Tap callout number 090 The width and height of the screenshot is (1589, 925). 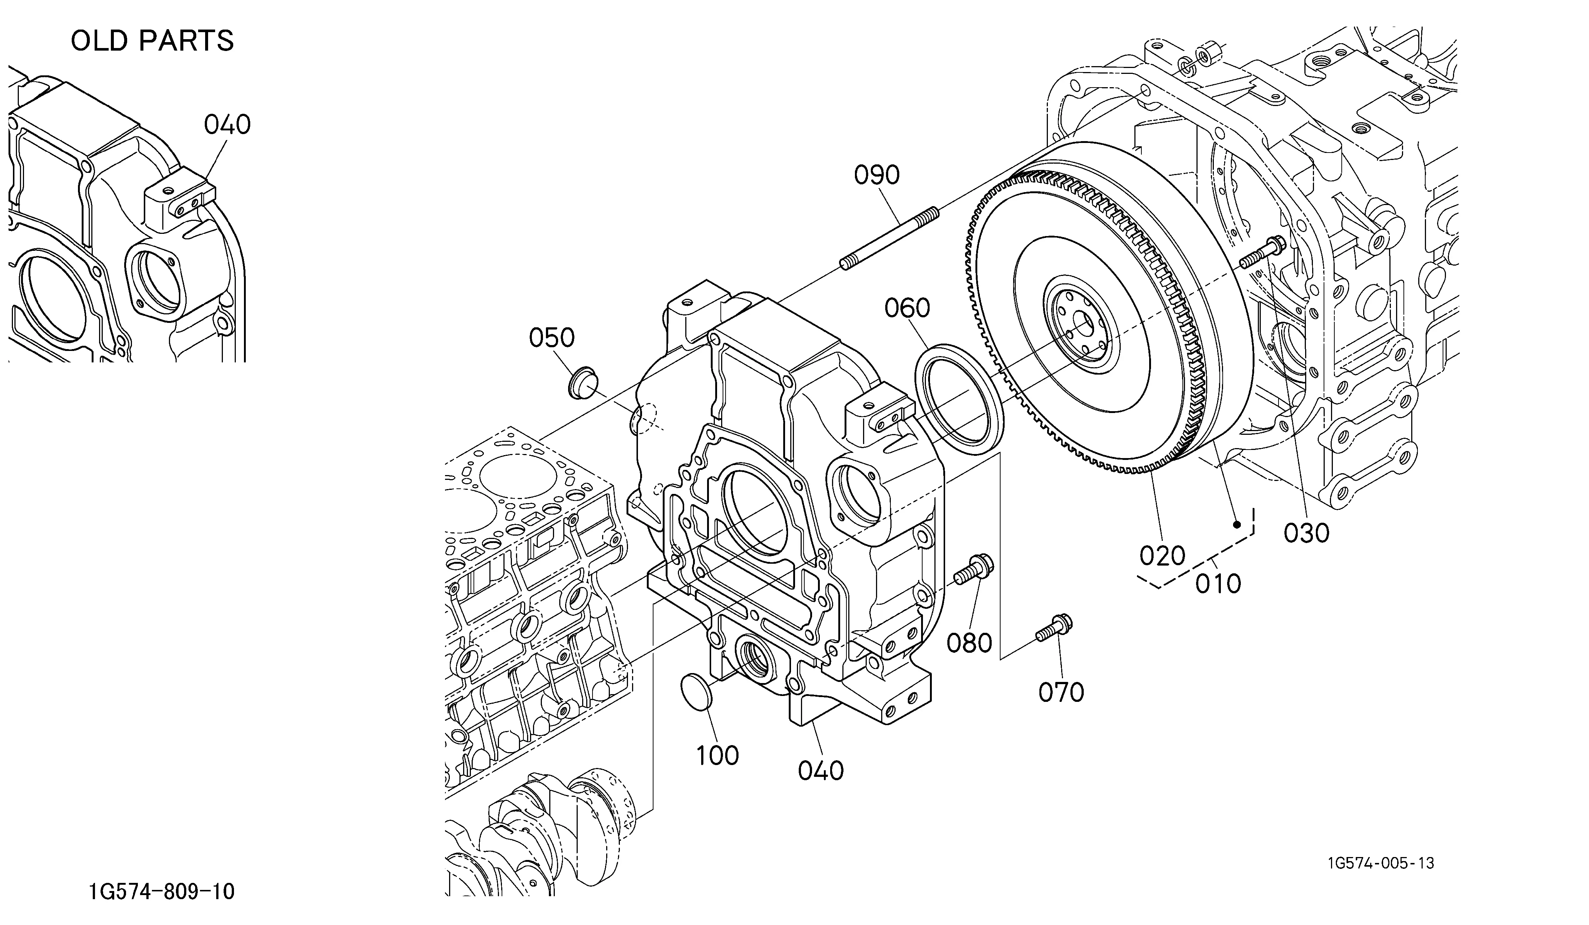pos(876,175)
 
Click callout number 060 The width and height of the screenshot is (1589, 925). pos(907,308)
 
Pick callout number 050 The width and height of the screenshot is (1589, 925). pos(552,338)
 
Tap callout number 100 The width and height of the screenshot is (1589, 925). pos(717,755)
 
